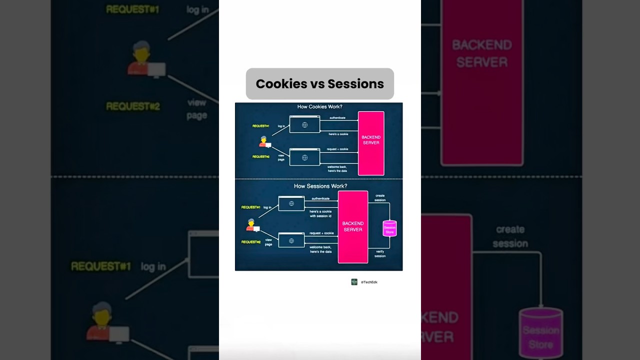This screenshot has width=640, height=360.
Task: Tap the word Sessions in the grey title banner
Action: [x=356, y=84]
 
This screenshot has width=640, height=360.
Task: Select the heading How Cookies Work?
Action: [x=319, y=107]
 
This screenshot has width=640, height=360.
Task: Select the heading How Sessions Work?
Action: [x=320, y=186]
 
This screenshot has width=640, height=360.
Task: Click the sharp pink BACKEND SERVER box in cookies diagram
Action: [x=371, y=143]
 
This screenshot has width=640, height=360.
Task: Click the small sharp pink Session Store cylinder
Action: [x=389, y=228]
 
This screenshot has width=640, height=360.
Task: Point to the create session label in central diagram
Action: [x=380, y=197]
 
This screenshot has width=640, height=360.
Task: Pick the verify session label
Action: [x=380, y=254]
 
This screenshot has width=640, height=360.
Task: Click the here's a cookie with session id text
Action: [x=320, y=213]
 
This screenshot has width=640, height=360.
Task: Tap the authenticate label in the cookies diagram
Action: [x=337, y=118]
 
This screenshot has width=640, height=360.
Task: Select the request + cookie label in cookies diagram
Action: [x=337, y=149]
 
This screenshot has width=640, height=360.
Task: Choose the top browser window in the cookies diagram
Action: [x=304, y=124]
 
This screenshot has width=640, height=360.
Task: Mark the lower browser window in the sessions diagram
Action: [x=291, y=240]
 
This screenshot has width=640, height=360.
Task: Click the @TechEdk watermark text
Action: [x=369, y=282]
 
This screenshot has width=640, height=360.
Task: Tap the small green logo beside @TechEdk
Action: [x=354, y=282]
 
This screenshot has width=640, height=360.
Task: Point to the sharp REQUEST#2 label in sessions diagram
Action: [x=251, y=242]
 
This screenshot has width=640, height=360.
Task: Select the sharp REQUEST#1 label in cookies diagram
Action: [x=260, y=126]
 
